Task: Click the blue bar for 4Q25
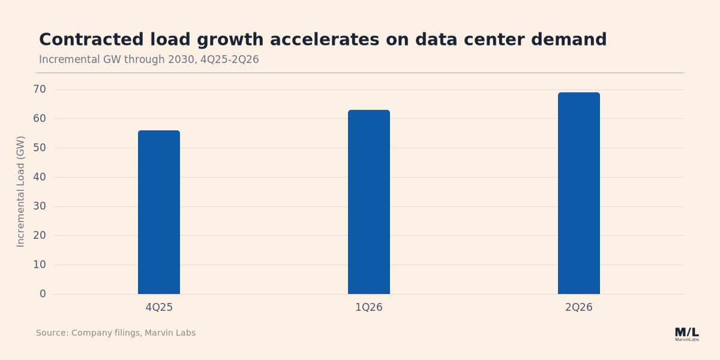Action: pos(159,212)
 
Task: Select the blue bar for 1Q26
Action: pos(369,202)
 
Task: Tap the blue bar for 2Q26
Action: pos(579,193)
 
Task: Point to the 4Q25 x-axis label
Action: pos(159,307)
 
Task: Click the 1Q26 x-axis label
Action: pos(369,307)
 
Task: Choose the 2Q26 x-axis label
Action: pos(579,307)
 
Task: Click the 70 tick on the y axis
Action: pos(40,89)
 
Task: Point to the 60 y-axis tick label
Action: pos(40,119)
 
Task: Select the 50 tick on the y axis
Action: pos(40,148)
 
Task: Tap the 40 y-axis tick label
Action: pos(40,177)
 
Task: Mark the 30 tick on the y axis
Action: pos(40,206)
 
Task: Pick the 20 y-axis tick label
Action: pos(40,236)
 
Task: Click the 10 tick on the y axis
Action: pos(40,265)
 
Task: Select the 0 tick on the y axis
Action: pos(43,294)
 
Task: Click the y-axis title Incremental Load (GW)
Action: pos(20,191)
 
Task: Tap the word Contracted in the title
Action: pos(91,40)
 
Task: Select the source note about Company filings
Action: pos(116,333)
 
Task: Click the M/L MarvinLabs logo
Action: pos(687,334)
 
